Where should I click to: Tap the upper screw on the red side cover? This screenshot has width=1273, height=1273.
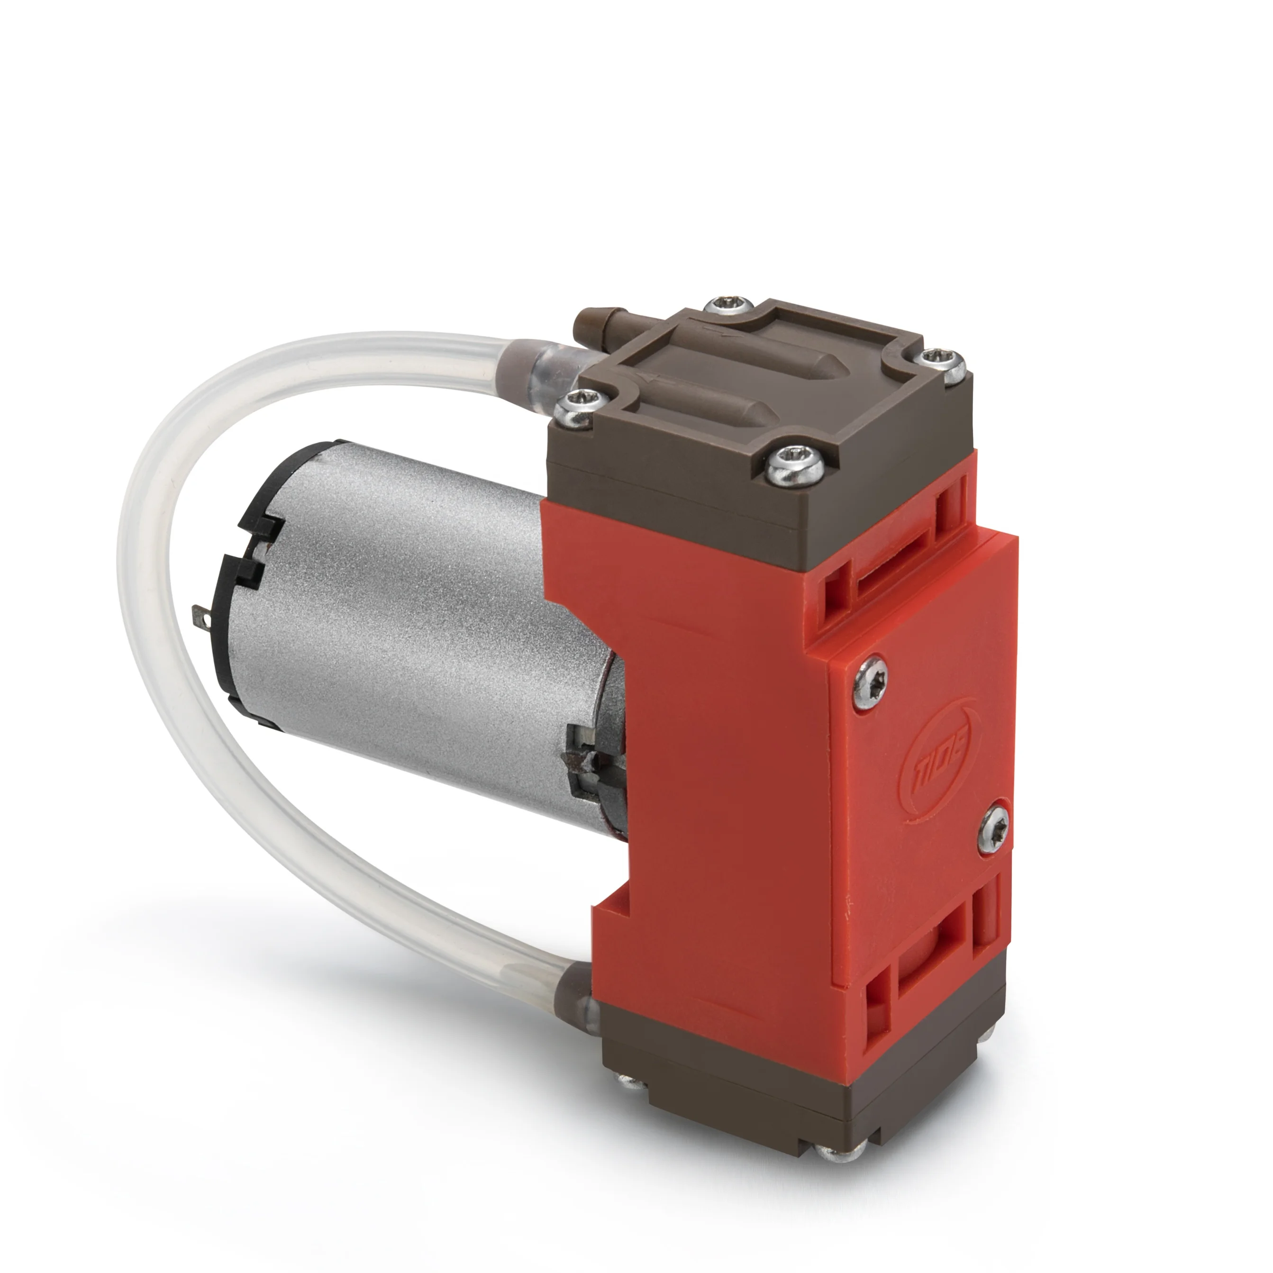(871, 684)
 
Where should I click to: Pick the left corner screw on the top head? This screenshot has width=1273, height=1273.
(579, 407)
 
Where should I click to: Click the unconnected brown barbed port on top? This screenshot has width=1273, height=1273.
(595, 321)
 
